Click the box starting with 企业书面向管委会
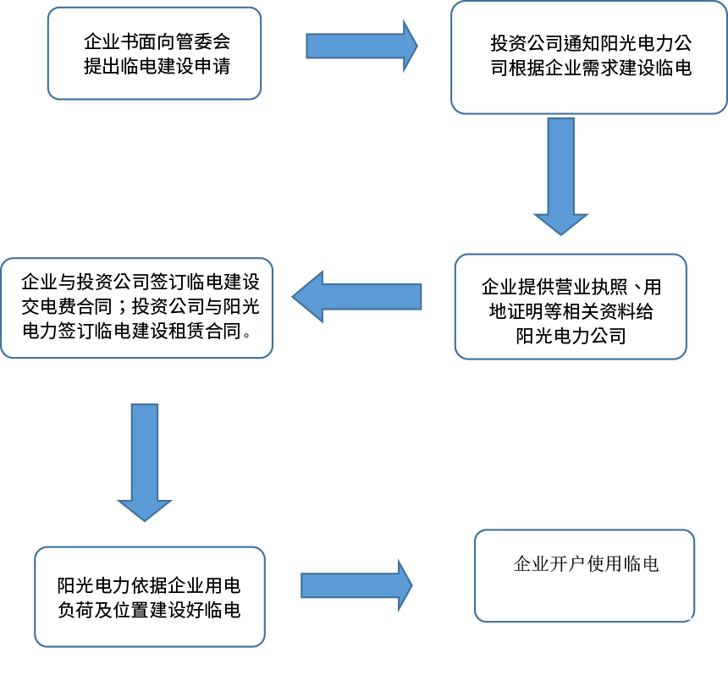[154, 53]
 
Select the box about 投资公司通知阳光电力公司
[588, 57]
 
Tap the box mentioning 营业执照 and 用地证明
[570, 306]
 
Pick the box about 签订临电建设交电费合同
[136, 306]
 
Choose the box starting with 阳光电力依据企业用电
[149, 596]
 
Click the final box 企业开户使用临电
[584, 575]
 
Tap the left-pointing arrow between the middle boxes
[356, 296]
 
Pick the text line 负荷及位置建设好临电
[148, 609]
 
